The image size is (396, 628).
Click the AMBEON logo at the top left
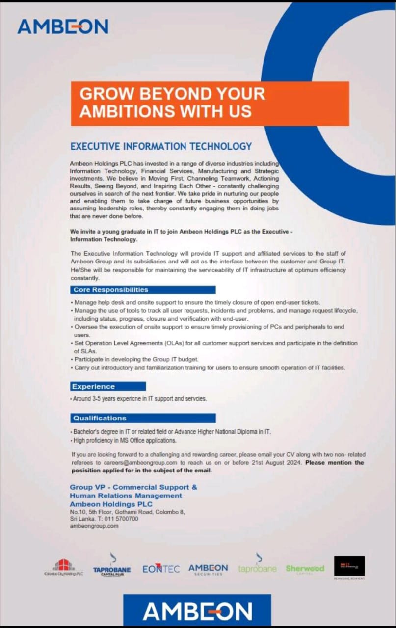tap(63, 26)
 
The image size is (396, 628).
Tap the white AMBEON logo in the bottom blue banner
tap(197, 611)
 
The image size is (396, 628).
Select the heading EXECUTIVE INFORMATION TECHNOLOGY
tap(161, 146)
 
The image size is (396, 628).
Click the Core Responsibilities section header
tap(111, 290)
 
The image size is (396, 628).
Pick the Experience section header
tap(94, 386)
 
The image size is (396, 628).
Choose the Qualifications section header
tap(100, 418)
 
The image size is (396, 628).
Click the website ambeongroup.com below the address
tap(94, 526)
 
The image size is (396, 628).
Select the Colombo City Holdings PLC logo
tap(64, 567)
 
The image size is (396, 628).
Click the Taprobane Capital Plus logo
tap(112, 566)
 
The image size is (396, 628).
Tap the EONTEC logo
tap(161, 569)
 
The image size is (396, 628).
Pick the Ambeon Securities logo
tap(208, 569)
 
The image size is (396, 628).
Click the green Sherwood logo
tap(305, 569)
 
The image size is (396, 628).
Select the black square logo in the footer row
tap(349, 566)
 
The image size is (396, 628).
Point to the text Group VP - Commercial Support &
tap(133, 487)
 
